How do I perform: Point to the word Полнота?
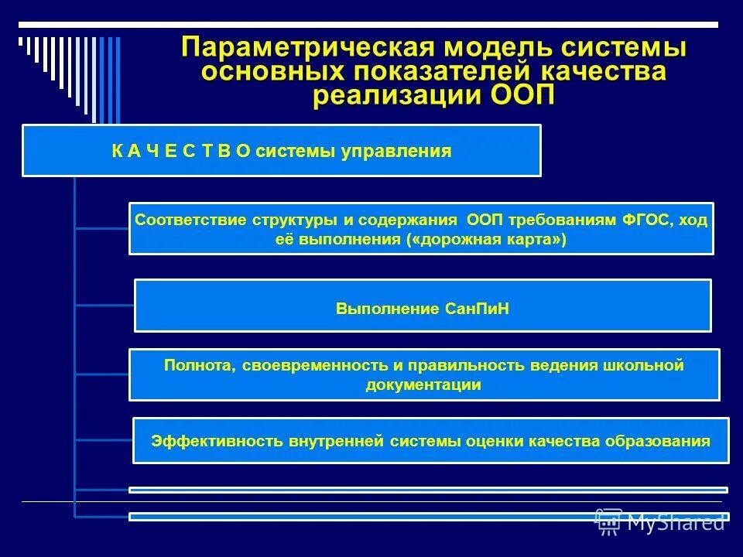click(x=193, y=365)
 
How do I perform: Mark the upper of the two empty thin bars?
click(x=428, y=490)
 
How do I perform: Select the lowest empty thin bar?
click(x=428, y=516)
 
